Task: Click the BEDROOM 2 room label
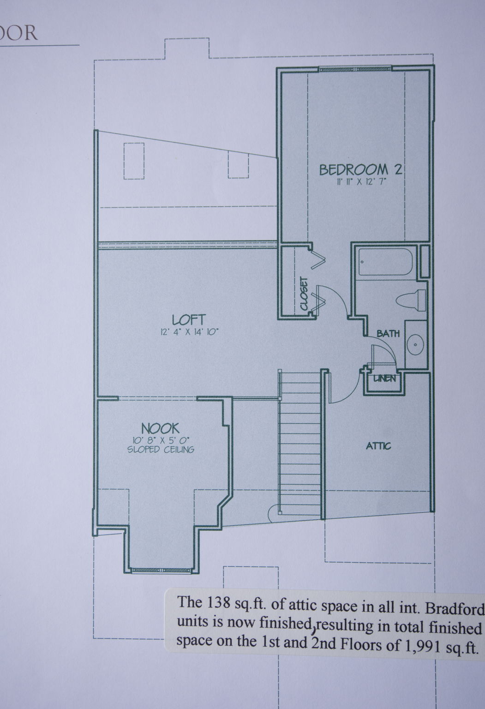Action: (360, 170)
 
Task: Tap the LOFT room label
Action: (189, 320)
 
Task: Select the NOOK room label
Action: (160, 429)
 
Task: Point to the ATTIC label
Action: (378, 446)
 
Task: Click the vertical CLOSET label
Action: (304, 294)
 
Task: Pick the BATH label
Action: (388, 333)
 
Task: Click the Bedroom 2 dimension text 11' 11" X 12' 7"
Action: (362, 182)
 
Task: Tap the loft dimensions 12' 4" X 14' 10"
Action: (190, 332)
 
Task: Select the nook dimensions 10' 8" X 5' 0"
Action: (161, 440)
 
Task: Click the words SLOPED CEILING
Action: (161, 450)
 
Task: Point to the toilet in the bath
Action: (411, 300)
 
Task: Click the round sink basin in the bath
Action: (415, 345)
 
